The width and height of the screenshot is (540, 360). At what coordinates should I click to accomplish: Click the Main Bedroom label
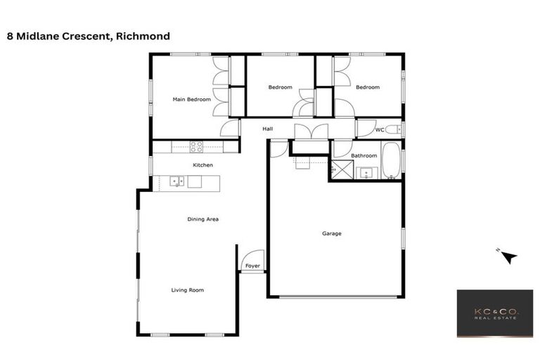coord(192,100)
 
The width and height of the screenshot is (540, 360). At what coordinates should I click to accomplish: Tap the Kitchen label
coord(203,165)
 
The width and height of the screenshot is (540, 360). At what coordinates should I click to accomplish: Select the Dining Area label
coord(203,219)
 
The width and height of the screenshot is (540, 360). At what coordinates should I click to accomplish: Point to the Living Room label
coord(188,290)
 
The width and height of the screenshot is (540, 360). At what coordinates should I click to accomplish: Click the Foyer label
coord(252,266)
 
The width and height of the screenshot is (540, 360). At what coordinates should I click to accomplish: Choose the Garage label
coord(332,233)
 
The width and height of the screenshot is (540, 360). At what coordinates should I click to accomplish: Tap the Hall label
coord(268,129)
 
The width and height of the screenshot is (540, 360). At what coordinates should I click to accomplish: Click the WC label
coord(379,130)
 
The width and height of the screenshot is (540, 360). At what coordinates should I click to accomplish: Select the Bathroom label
coord(364,155)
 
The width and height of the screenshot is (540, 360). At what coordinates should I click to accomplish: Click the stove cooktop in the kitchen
coord(197,147)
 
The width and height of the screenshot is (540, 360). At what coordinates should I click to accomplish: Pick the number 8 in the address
coord(9,36)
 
